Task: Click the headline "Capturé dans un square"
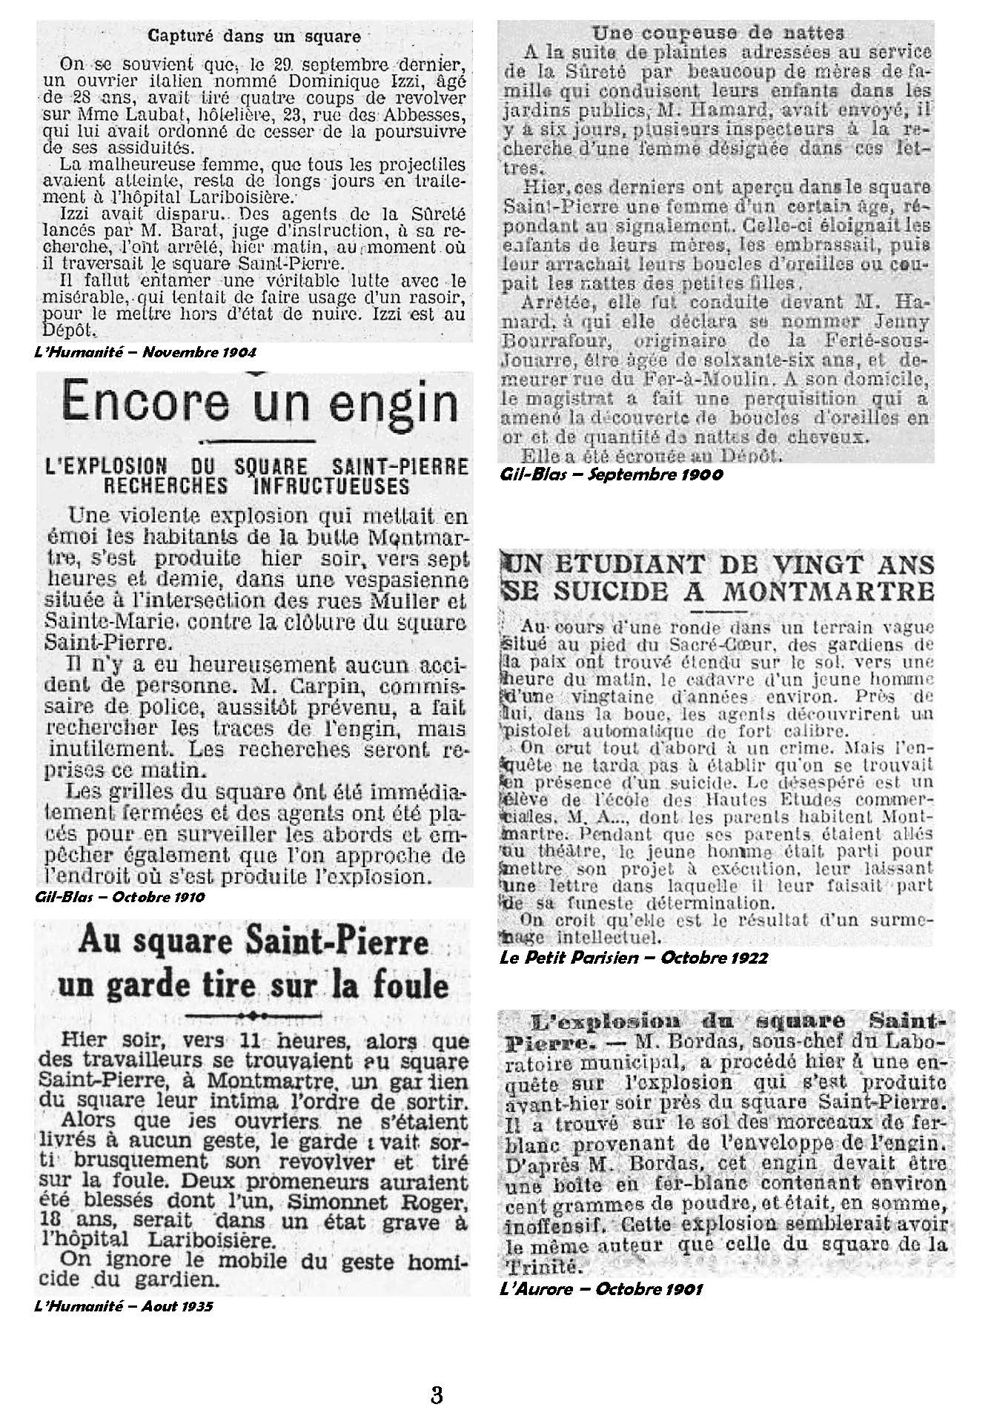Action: [254, 36]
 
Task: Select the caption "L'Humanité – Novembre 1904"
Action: [146, 352]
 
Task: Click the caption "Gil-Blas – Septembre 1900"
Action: [612, 474]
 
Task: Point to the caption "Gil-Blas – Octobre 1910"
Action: [119, 897]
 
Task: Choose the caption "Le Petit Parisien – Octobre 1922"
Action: [634, 957]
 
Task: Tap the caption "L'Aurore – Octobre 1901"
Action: [601, 1289]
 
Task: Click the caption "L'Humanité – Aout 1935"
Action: [124, 1306]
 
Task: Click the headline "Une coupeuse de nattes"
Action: [718, 33]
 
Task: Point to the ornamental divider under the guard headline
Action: [254, 1016]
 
